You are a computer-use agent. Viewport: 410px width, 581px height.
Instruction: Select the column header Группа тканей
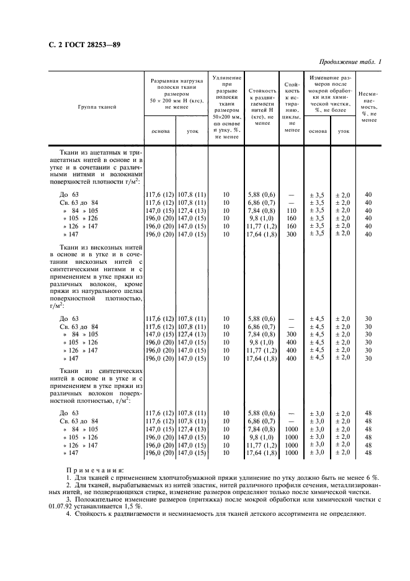coord(97,107)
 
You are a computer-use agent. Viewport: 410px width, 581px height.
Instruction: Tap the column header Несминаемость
coord(368,106)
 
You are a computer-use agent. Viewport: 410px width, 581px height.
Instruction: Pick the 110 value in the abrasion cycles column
coord(291,210)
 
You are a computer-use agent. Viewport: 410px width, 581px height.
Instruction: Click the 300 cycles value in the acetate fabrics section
coord(291,234)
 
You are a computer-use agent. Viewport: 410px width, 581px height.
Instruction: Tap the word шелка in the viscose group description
coord(133,289)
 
